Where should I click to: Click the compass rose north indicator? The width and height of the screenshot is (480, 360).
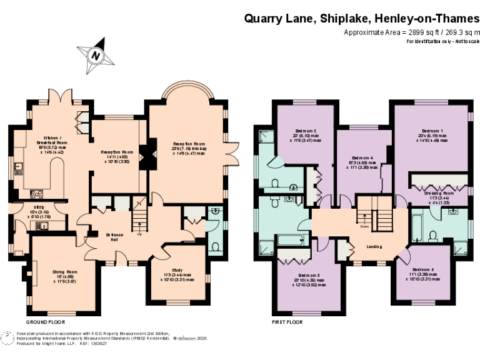click(x=95, y=55)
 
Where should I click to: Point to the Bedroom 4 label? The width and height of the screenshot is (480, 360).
click(x=362, y=157)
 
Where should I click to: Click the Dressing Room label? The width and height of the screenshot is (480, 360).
click(x=441, y=193)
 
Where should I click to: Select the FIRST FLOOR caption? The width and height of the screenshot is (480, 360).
click(x=287, y=322)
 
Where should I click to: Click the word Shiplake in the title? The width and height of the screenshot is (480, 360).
click(x=347, y=18)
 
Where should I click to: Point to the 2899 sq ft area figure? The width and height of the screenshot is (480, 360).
click(x=414, y=32)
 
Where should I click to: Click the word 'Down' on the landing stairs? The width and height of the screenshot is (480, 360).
click(x=364, y=226)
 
